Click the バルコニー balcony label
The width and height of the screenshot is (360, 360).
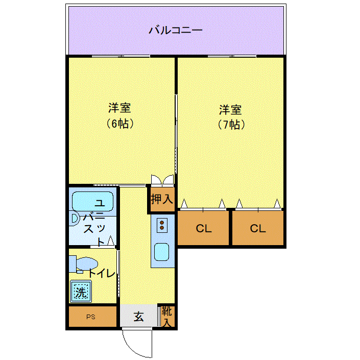point(176,30)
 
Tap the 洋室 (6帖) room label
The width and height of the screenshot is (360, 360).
point(119,115)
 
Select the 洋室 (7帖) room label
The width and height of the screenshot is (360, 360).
point(230,117)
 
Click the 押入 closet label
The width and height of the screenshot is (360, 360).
point(162,199)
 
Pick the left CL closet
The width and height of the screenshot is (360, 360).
point(203,228)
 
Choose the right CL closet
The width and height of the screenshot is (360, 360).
point(258,228)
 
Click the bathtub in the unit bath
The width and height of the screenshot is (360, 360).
point(93,202)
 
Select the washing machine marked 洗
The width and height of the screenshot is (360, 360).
point(81,291)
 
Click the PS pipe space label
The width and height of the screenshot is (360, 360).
point(91,317)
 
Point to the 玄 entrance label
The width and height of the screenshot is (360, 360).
point(139,317)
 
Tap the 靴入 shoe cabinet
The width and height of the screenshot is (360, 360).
point(167,317)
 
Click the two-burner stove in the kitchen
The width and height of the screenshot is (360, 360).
point(162,225)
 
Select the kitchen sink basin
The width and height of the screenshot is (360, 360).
point(162,252)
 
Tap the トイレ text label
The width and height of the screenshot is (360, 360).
point(101,273)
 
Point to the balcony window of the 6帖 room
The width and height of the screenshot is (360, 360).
point(121,56)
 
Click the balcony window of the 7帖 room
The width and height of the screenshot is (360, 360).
point(232,56)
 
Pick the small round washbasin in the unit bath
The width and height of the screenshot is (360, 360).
point(75,219)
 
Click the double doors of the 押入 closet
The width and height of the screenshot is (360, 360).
point(162,180)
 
